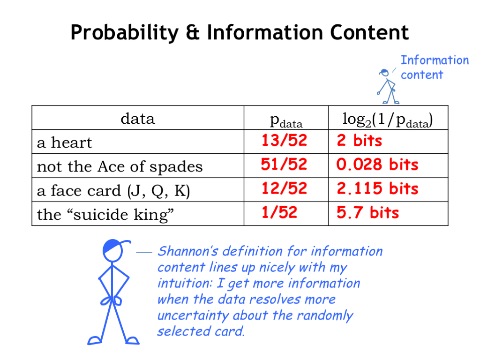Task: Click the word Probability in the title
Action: [x=124, y=33]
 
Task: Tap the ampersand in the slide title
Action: [x=193, y=32]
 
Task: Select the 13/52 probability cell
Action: [x=284, y=141]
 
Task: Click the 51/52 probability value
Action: [x=284, y=165]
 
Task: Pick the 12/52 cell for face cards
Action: [x=284, y=188]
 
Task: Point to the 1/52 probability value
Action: [x=279, y=212]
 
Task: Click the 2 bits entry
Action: [x=360, y=141]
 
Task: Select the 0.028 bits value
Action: [x=377, y=165]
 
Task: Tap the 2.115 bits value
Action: [x=377, y=188]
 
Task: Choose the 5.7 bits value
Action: [x=367, y=212]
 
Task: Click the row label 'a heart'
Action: [x=64, y=142]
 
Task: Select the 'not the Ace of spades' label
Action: [x=120, y=167]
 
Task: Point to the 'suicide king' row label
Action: [x=105, y=214]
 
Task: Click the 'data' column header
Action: [x=138, y=119]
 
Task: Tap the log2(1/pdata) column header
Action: [x=388, y=120]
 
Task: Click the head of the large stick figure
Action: [x=112, y=250]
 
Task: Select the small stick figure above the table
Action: [x=388, y=87]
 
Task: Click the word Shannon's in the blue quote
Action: [x=187, y=251]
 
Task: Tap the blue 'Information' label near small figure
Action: [x=435, y=60]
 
